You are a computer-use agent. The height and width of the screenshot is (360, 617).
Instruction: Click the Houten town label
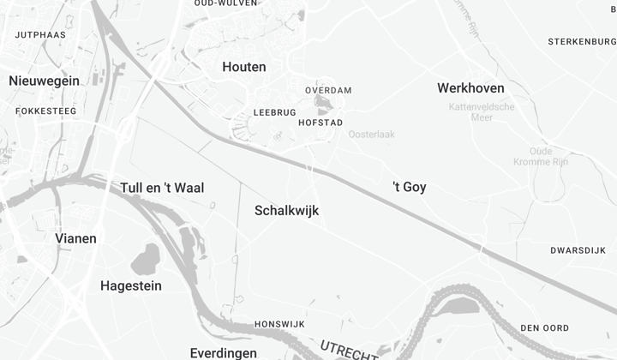click(x=243, y=67)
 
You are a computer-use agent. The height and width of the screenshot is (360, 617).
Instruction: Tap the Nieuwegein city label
click(x=44, y=81)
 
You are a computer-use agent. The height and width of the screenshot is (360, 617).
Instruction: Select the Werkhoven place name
click(x=470, y=88)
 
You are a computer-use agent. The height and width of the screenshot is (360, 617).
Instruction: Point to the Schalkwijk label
click(x=287, y=209)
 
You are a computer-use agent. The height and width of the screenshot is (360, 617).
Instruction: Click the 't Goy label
click(x=409, y=187)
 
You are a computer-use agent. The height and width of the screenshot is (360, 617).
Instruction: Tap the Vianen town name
click(x=75, y=238)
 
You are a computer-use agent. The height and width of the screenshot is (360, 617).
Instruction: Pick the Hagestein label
click(x=131, y=285)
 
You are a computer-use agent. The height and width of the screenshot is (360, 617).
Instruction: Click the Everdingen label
click(x=223, y=353)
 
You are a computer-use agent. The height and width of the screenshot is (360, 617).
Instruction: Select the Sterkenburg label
click(x=582, y=40)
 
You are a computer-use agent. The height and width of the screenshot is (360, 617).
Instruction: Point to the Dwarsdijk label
click(x=578, y=250)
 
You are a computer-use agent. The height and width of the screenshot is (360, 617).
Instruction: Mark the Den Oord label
click(x=544, y=327)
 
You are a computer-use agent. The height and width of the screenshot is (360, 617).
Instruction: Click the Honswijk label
click(x=279, y=324)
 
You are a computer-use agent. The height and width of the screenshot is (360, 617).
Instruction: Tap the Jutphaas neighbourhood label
click(x=41, y=35)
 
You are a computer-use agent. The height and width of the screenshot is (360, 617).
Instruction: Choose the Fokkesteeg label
click(x=45, y=111)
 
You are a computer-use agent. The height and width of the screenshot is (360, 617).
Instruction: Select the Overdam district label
click(x=328, y=90)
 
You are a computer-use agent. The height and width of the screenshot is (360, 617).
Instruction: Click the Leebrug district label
click(x=274, y=112)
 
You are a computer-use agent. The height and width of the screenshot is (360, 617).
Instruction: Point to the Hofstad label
click(x=320, y=123)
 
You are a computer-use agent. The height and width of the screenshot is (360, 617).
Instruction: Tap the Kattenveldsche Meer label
click(x=482, y=111)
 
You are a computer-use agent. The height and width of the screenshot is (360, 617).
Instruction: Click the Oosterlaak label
click(x=370, y=135)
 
